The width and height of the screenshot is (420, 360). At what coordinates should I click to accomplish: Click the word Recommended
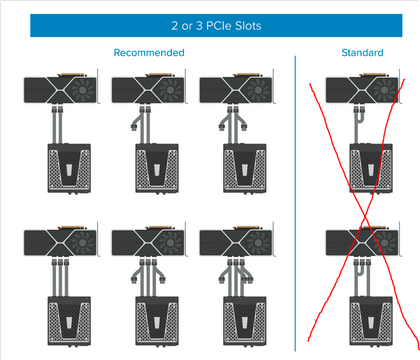point(149,53)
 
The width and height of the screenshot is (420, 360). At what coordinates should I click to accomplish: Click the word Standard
point(362,53)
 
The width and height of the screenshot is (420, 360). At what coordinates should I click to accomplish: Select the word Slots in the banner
point(248,26)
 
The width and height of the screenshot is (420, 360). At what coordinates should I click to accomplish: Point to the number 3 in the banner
point(199,26)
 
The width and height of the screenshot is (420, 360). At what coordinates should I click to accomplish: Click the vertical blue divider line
point(295,203)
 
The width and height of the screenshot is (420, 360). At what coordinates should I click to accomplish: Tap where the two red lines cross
point(365,216)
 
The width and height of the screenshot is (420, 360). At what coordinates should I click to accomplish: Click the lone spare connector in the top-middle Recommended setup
point(134,127)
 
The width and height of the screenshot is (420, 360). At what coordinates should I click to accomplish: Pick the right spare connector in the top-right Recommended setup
point(244,127)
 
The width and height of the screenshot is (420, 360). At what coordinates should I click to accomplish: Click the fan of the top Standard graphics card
point(384,90)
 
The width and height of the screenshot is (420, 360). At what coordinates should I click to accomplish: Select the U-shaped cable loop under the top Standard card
point(360,119)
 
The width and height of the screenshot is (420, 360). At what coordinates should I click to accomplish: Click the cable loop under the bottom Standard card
point(359,270)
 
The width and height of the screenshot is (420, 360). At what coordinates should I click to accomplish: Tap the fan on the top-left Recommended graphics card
point(82,90)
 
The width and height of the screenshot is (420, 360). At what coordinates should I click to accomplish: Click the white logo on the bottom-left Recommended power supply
point(69,323)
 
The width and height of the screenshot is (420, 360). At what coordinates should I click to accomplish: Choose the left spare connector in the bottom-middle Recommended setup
point(134,280)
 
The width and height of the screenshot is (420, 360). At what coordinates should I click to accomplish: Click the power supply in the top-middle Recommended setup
point(157,168)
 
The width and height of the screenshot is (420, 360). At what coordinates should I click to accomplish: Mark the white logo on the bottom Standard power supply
point(371,323)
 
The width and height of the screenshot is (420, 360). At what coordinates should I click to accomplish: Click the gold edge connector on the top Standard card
point(374,74)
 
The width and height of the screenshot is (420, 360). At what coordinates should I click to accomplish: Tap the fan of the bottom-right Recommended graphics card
point(258,243)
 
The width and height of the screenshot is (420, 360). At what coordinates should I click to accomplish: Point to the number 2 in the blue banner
point(174,26)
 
